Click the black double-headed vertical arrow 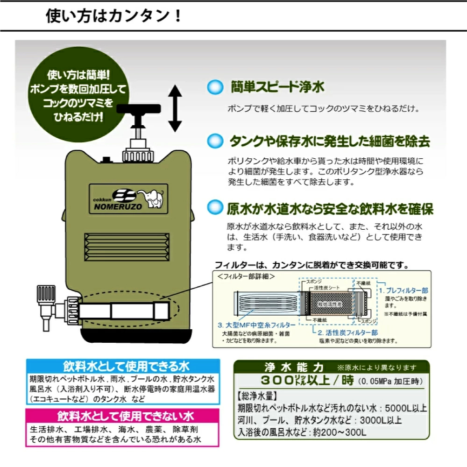coord(175,108)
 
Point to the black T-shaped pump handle coord(138,112)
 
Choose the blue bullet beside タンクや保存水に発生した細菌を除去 coord(215,140)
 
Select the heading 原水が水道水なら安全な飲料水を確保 coord(330,208)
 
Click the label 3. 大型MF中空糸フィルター coord(255,325)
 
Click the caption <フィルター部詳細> coord(246,276)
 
